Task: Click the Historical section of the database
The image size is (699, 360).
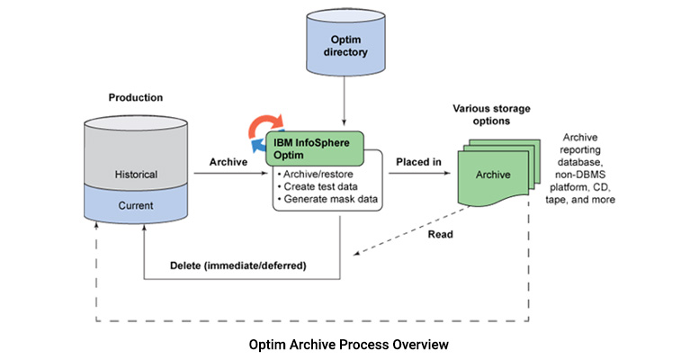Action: pos(137,174)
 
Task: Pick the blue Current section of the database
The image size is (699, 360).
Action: pos(137,206)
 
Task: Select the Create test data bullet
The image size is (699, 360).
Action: pos(319,184)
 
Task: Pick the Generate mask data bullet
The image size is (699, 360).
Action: pos(328,198)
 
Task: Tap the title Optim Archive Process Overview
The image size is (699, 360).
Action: pos(349,344)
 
